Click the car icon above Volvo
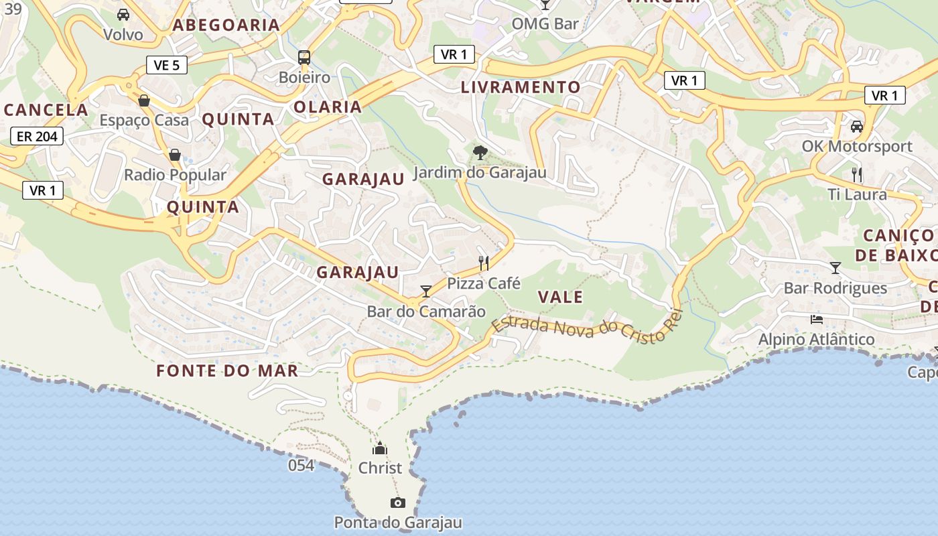[123, 15]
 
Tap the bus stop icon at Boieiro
[304, 58]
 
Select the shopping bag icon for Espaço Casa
[144, 100]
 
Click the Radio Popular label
[176, 175]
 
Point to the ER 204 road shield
[37, 137]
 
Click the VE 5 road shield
[166, 65]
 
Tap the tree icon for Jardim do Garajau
[480, 153]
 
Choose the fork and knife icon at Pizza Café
[484, 263]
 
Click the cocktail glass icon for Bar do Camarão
[426, 291]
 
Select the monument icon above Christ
[380, 448]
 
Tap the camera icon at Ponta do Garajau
[398, 503]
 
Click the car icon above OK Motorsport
[856, 126]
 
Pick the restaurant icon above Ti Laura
[856, 175]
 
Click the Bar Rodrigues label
[835, 288]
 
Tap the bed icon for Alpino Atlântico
[817, 319]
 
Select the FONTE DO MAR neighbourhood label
[227, 371]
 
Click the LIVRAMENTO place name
[521, 87]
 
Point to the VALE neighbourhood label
[560, 297]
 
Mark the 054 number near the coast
[301, 465]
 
